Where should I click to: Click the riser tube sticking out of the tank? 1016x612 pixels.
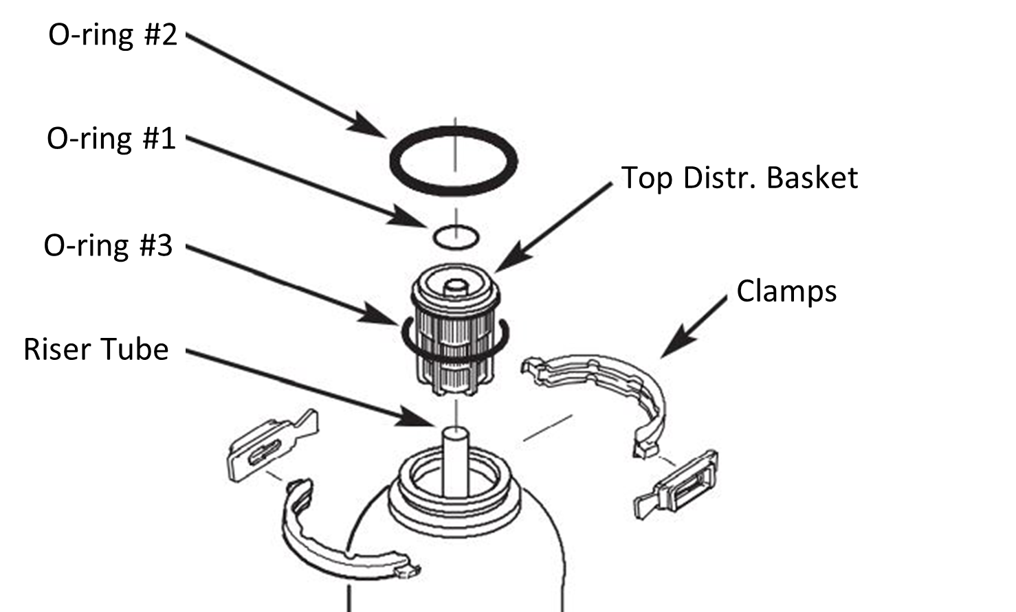pos(454,460)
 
